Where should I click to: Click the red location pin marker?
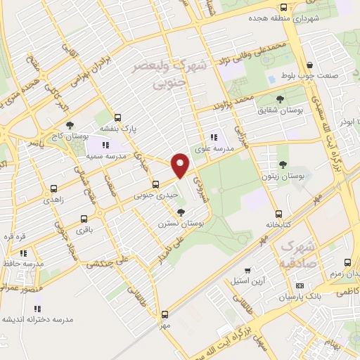pyautogui.click(x=181, y=165)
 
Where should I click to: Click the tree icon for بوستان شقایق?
pyautogui.click(x=281, y=99)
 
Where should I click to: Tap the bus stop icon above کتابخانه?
pyautogui.click(x=279, y=214)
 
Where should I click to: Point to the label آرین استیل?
pyautogui.click(x=249, y=281)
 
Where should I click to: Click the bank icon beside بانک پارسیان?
pyautogui.click(x=300, y=286)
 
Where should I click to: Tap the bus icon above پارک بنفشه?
pyautogui.click(x=117, y=118)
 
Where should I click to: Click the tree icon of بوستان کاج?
pyautogui.click(x=68, y=124)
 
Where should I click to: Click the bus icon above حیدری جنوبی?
pyautogui.click(x=156, y=186)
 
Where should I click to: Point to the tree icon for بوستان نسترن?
pyautogui.click(x=182, y=212)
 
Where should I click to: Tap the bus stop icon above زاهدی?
pyautogui.click(x=53, y=188)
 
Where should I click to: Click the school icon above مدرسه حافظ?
pyautogui.click(x=23, y=253)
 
